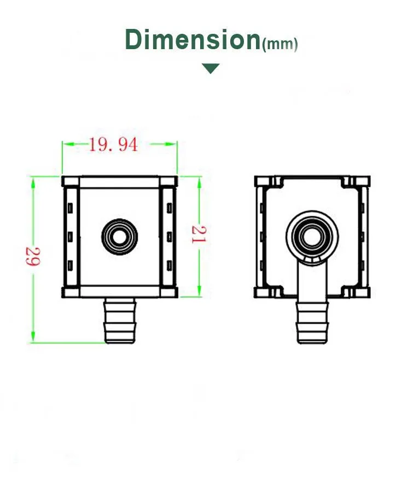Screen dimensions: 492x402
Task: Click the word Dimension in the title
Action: pyautogui.click(x=193, y=40)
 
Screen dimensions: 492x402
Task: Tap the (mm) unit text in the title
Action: pyautogui.click(x=280, y=45)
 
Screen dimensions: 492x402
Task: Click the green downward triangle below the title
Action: pyautogui.click(x=211, y=68)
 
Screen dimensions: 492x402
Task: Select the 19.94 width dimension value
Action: pyautogui.click(x=113, y=145)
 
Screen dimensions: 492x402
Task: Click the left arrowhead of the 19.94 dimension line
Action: pyautogui.click(x=66, y=144)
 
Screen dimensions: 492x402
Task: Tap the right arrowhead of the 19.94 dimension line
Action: pyautogui.click(x=173, y=144)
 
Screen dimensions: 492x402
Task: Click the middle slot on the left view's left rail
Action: pyautogui.click(x=70, y=236)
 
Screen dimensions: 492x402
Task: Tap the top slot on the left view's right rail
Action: pyautogui.click(x=169, y=208)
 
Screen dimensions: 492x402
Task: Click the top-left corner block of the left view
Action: pyautogui.click(x=67, y=181)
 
